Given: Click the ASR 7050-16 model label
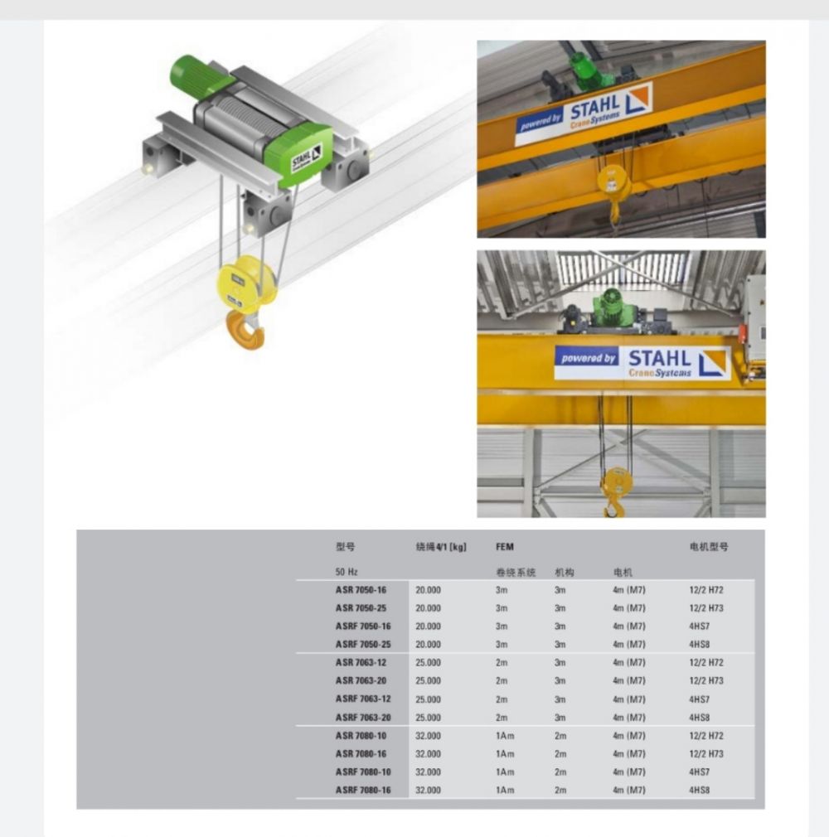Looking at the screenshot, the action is coord(361,590).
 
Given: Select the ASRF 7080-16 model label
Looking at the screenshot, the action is coord(363,790).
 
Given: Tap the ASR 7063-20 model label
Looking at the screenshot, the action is coord(361,680).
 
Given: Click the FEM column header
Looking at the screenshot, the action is coord(505,547).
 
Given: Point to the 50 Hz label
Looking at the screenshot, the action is coord(347,572).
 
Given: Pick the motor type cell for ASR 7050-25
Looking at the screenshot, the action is coord(706,608).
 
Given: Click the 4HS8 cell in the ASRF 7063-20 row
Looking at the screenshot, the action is coord(699,718).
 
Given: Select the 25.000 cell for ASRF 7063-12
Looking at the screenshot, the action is coord(429,699).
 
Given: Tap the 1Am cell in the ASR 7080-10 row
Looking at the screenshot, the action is coord(505,736).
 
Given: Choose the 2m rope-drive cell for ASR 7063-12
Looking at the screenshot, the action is coord(502,662).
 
